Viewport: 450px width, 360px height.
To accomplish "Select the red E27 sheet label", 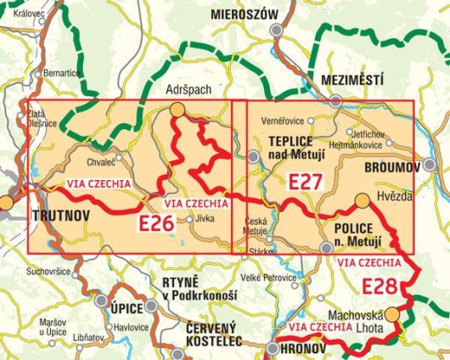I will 306,182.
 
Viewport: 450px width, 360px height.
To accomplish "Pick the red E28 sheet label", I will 380,285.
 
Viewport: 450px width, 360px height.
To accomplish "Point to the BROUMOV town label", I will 391,168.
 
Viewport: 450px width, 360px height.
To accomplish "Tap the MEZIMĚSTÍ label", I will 353,80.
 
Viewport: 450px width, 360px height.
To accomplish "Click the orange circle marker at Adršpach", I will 176,109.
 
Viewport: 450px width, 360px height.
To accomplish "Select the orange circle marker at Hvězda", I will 362,200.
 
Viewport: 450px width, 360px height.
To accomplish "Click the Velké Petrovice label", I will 268,278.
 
